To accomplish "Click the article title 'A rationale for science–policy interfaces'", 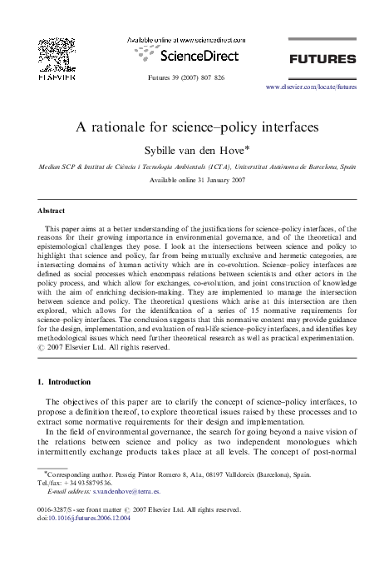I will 194,129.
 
